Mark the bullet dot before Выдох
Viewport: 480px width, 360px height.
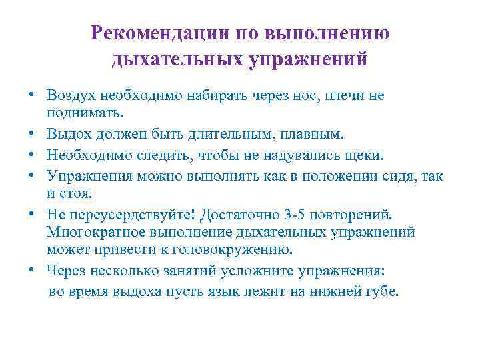click(32, 135)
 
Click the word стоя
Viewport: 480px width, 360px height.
click(83, 195)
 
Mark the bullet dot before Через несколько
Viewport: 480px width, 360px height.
click(32, 271)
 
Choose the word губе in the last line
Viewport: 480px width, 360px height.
click(382, 291)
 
